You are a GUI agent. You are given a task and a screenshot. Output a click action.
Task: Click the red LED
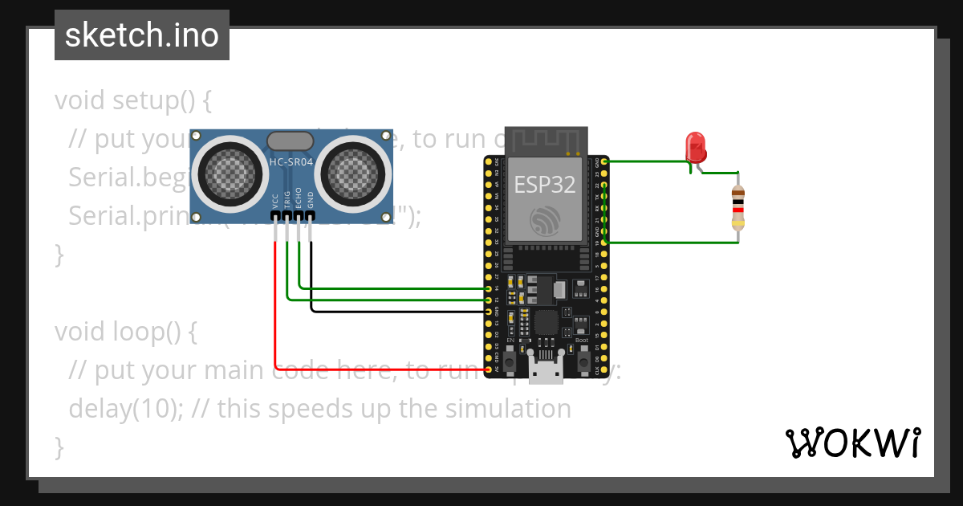[x=695, y=148]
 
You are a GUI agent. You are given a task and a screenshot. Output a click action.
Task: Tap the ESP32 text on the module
[x=545, y=184]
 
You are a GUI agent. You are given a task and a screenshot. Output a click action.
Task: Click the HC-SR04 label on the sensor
[x=291, y=162]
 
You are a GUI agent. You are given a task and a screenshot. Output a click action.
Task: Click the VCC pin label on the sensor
[x=275, y=201]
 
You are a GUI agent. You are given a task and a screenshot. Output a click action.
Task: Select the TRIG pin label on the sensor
[x=287, y=201]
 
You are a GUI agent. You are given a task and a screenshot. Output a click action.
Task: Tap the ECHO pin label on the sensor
[x=299, y=199]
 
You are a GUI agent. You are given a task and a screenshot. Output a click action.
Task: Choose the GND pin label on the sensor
[x=311, y=201]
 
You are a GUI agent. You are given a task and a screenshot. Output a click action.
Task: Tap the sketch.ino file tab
[x=142, y=35]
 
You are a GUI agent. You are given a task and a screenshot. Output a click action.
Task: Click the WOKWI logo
[x=852, y=443]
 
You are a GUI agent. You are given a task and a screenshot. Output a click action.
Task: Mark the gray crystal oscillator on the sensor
[x=291, y=141]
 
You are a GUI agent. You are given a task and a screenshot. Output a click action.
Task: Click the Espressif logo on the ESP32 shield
[x=545, y=220]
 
